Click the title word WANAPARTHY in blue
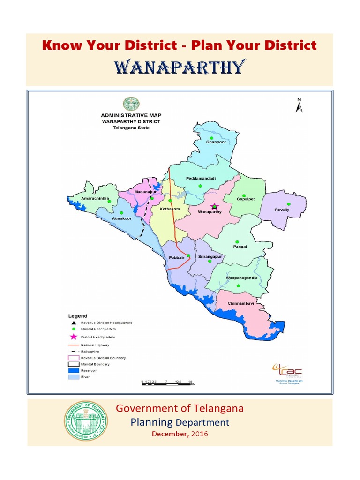coord(180,67)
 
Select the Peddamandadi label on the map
coord(201,179)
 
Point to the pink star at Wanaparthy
coord(214,206)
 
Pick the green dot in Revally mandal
coord(289,204)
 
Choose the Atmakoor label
coord(122,217)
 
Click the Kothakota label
coord(169,209)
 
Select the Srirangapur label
coord(210,257)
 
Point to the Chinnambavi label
coord(240,304)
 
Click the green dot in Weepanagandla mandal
coord(238,285)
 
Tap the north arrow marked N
coord(299,105)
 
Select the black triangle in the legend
coord(73,323)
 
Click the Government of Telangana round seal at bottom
coord(85,420)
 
